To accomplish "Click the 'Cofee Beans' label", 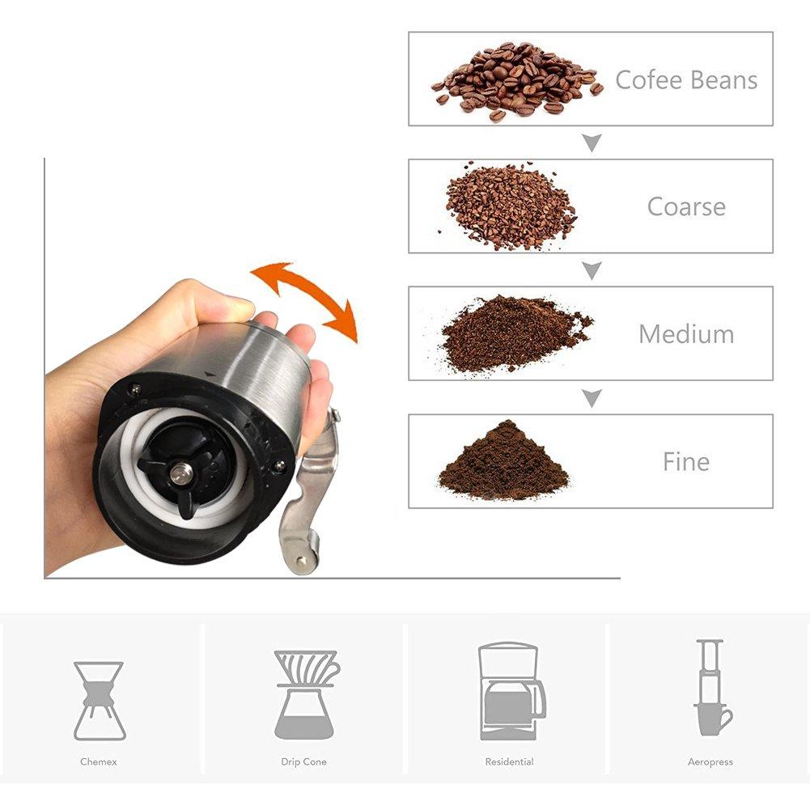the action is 686,80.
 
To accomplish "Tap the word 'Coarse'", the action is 686,206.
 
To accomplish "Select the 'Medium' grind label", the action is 686,333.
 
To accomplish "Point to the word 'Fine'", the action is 686,461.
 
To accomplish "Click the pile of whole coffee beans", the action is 516,80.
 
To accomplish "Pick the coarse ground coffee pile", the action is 511,206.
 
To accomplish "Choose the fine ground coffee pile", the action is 503,460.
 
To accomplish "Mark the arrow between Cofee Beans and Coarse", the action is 592,142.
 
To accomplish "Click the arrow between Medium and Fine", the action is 592,398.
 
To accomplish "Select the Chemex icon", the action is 100,701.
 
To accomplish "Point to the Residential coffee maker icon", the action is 511,691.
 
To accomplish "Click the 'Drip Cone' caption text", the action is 303,761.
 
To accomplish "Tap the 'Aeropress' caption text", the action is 710,762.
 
